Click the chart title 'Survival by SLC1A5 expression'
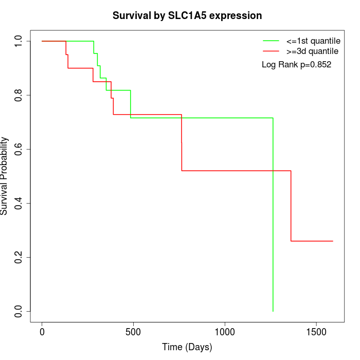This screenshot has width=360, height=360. (x=187, y=15)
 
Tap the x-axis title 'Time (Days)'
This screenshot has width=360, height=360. (x=187, y=347)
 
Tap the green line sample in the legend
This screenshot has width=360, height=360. (x=271, y=40)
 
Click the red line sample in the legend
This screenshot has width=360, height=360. (x=271, y=51)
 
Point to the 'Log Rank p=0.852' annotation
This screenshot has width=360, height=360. (x=296, y=65)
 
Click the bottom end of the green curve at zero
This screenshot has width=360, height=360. (x=273, y=311)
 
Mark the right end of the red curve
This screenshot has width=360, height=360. (x=333, y=241)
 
